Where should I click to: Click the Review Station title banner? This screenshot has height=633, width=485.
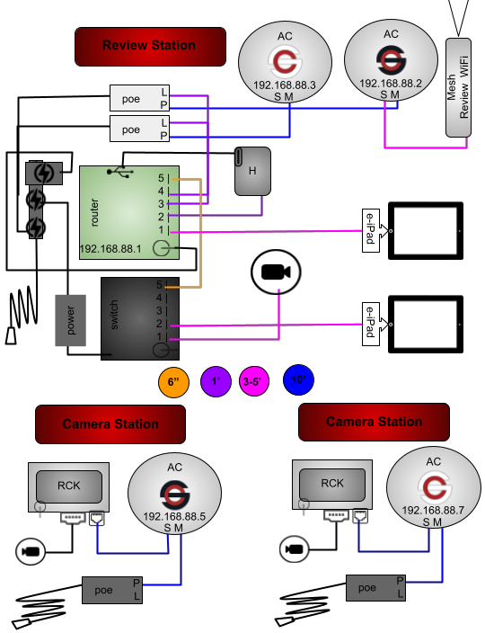(x=150, y=47)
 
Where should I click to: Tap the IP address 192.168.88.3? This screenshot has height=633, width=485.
(x=284, y=85)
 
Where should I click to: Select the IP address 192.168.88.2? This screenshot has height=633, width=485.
(x=391, y=83)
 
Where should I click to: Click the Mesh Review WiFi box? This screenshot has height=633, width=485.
(x=458, y=87)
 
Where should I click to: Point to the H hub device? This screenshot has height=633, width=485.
(x=252, y=171)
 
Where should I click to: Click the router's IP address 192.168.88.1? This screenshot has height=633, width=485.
(x=110, y=249)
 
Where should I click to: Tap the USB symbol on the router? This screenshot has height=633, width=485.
(x=120, y=171)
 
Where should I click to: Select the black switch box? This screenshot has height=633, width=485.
(x=140, y=318)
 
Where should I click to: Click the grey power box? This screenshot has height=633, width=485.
(x=71, y=320)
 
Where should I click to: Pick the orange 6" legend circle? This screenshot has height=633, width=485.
(x=173, y=381)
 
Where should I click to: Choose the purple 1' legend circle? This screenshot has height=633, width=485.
(x=216, y=381)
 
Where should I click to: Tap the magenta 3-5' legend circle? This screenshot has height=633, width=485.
(x=253, y=381)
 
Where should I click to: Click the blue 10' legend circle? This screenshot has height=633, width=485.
(x=298, y=379)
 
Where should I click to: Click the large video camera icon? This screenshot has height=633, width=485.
(x=276, y=272)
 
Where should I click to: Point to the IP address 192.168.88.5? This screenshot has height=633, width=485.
(x=174, y=516)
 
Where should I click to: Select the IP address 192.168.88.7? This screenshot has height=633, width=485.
(x=433, y=511)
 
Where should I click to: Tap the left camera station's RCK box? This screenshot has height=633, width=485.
(x=69, y=486)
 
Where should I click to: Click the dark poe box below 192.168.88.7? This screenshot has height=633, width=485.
(x=375, y=588)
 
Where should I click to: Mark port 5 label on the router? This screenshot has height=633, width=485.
(x=161, y=178)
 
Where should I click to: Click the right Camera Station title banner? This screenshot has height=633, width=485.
(x=374, y=422)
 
